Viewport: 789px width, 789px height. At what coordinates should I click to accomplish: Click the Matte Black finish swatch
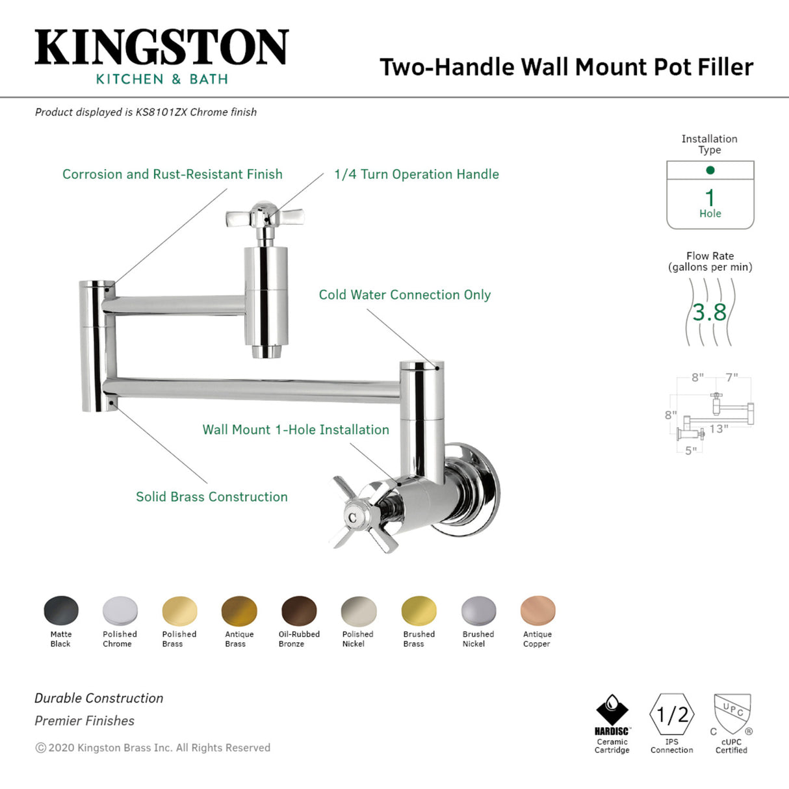(x=61, y=611)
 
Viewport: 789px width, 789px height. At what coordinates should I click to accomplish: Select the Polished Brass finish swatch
(x=179, y=612)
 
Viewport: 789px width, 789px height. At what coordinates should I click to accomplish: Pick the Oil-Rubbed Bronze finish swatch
(x=299, y=612)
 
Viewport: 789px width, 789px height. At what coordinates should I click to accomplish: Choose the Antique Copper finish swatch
(x=538, y=612)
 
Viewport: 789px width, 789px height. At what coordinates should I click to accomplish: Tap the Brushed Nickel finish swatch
(x=478, y=612)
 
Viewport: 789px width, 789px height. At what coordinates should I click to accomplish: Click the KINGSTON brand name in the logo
(x=161, y=47)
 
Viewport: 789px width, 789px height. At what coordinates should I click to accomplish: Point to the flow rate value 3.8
(x=710, y=313)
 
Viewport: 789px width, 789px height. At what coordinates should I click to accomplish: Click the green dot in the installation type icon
(x=710, y=170)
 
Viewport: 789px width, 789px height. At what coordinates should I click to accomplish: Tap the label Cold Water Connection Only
(x=404, y=295)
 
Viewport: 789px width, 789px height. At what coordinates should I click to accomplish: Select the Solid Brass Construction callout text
(x=212, y=497)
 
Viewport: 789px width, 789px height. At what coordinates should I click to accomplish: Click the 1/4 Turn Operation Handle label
(x=417, y=174)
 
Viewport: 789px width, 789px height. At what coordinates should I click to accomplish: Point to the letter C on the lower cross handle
(x=352, y=518)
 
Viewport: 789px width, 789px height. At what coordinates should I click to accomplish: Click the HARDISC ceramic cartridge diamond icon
(x=612, y=710)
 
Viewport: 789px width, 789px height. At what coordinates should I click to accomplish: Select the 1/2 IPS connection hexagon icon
(x=672, y=715)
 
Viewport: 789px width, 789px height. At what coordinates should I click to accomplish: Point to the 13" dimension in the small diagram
(x=719, y=429)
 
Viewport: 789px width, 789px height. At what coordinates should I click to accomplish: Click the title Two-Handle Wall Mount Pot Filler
(x=566, y=67)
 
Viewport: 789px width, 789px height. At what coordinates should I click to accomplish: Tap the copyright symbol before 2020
(x=41, y=748)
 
